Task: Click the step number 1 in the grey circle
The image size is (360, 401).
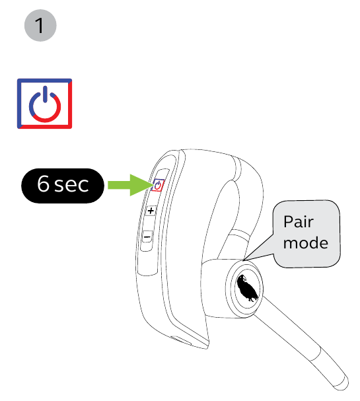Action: point(40,25)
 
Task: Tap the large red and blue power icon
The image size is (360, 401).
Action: point(44,104)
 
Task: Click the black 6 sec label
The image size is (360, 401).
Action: point(63,186)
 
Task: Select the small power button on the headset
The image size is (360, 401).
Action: point(158,185)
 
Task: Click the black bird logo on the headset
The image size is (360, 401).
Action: point(247,288)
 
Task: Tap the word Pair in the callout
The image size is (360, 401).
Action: point(299,221)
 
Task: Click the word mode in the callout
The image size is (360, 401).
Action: point(306,242)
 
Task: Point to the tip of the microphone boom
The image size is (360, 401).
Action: point(343,384)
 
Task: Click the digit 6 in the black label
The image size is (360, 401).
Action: point(43,184)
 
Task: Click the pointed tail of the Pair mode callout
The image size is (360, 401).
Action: point(244,260)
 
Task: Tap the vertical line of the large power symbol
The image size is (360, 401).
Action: point(45,94)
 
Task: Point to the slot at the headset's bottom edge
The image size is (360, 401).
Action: point(180,341)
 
